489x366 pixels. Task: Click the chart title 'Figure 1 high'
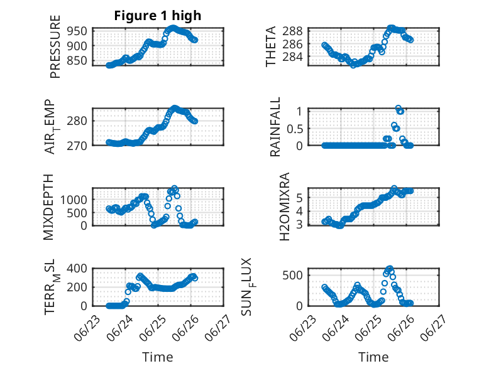pyautogui.click(x=158, y=16)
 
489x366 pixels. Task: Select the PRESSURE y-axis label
pyautogui.click(x=55, y=46)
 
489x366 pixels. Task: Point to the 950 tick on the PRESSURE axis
pyautogui.click(x=77, y=31)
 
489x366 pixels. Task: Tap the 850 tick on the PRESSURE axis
pyautogui.click(x=77, y=60)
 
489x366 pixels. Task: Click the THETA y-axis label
pyautogui.click(x=271, y=46)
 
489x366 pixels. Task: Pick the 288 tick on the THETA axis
pyautogui.click(x=292, y=31)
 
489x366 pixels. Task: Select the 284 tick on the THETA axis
pyautogui.click(x=292, y=57)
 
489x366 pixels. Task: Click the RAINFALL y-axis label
pyautogui.click(x=275, y=127)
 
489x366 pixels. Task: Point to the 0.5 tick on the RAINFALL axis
pyautogui.click(x=295, y=129)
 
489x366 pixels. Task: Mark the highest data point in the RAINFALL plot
pyautogui.click(x=398, y=108)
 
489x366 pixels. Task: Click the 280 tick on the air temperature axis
pyautogui.click(x=77, y=121)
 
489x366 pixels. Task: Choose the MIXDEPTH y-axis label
pyautogui.click(x=48, y=207)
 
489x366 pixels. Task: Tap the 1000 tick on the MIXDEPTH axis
pyautogui.click(x=74, y=200)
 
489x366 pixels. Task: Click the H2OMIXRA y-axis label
pyautogui.click(x=285, y=207)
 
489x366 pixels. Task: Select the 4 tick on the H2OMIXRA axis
pyautogui.click(x=299, y=211)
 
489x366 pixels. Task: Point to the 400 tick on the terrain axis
pyautogui.click(x=77, y=268)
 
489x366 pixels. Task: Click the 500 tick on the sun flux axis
pyautogui.click(x=292, y=275)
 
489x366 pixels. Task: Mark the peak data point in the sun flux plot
pyautogui.click(x=390, y=268)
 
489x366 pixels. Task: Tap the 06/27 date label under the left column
pyautogui.click(x=219, y=328)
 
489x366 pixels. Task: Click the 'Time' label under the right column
pyautogui.click(x=373, y=357)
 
